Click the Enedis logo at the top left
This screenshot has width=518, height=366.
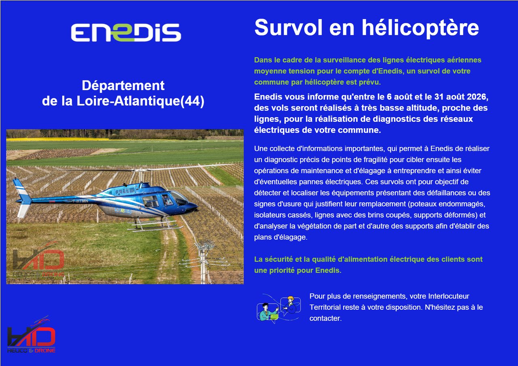point(126,32)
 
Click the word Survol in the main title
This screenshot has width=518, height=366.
point(289,28)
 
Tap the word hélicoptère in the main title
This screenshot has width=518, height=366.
point(420,28)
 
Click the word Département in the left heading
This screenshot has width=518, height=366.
point(123,86)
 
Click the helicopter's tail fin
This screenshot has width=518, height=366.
point(22,197)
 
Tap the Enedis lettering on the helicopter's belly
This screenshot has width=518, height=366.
point(123,210)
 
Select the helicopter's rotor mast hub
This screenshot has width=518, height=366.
point(140,171)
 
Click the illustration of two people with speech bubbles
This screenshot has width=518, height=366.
point(279,308)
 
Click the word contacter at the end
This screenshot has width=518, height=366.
point(325,318)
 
